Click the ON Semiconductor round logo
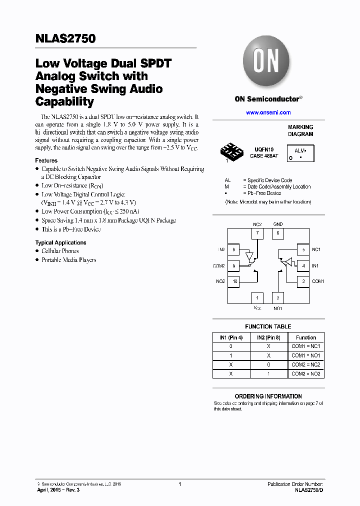click(x=266, y=62)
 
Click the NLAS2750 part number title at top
click(x=65, y=38)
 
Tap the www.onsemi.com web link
click(x=268, y=112)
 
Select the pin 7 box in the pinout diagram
click(x=256, y=233)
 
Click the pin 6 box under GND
click(x=278, y=233)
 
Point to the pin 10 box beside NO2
click(x=234, y=281)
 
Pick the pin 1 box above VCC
click(x=256, y=298)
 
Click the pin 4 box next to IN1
click(x=303, y=266)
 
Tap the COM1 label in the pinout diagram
click(x=318, y=281)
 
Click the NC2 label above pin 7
click(x=257, y=224)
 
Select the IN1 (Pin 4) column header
click(x=230, y=337)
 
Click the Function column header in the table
click(x=305, y=337)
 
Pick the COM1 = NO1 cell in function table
click(x=305, y=355)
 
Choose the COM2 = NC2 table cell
click(x=305, y=364)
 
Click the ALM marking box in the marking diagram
click(x=300, y=153)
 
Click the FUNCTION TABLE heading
click(x=268, y=326)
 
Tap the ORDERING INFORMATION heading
click(x=268, y=396)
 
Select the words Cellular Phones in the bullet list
click(x=60, y=251)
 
